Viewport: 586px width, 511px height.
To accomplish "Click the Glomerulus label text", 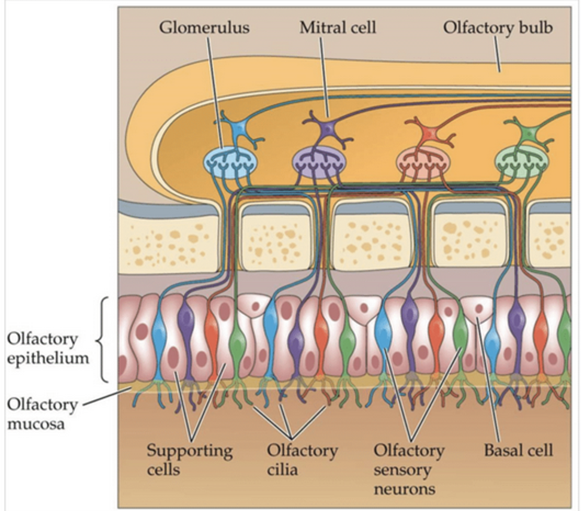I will point(203,28).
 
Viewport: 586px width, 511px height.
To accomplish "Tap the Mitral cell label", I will point(337,28).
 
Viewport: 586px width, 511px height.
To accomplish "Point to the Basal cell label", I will point(518,449).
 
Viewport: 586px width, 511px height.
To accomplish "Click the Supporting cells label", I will point(190,458).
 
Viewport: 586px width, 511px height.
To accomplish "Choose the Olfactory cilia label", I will point(302,458).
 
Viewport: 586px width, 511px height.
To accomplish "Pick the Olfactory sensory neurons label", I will point(409,469).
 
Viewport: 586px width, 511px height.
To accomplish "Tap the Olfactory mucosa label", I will point(42,415).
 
